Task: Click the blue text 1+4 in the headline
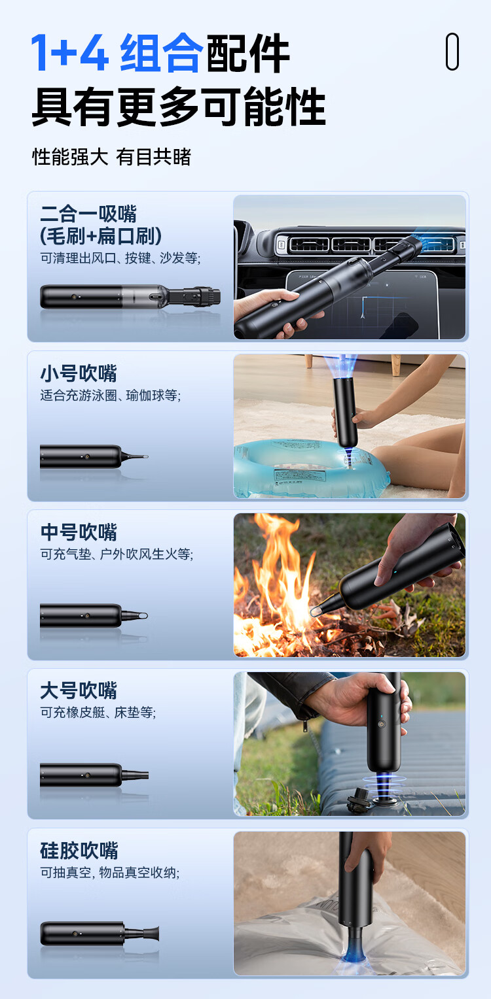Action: (69, 52)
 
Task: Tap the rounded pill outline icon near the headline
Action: (452, 51)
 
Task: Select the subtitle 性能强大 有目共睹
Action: (112, 157)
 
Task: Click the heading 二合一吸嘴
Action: (88, 214)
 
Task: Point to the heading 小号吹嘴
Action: (79, 373)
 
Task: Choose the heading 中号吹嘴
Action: (79, 532)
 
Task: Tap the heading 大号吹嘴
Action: (79, 690)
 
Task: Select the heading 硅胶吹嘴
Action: (79, 851)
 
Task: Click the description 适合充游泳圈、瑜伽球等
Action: (111, 395)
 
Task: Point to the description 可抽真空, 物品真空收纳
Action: (110, 872)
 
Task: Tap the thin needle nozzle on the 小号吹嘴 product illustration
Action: (134, 457)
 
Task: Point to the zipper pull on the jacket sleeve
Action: (304, 724)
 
